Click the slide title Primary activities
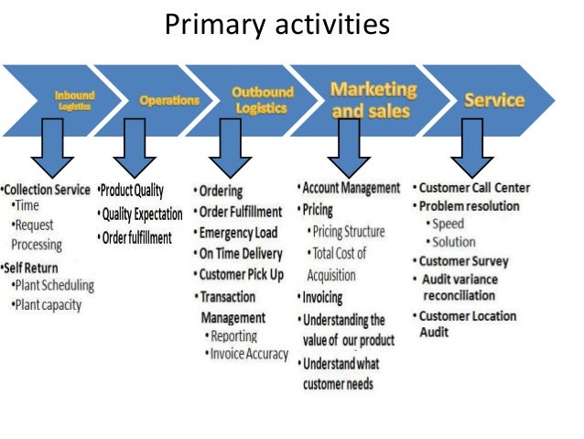coord(276,26)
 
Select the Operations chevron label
coord(168,100)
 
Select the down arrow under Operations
coord(135,148)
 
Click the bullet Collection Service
coord(48,190)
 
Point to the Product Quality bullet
coord(132,191)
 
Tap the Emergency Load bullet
coord(241,232)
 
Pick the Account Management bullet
coord(351,188)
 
